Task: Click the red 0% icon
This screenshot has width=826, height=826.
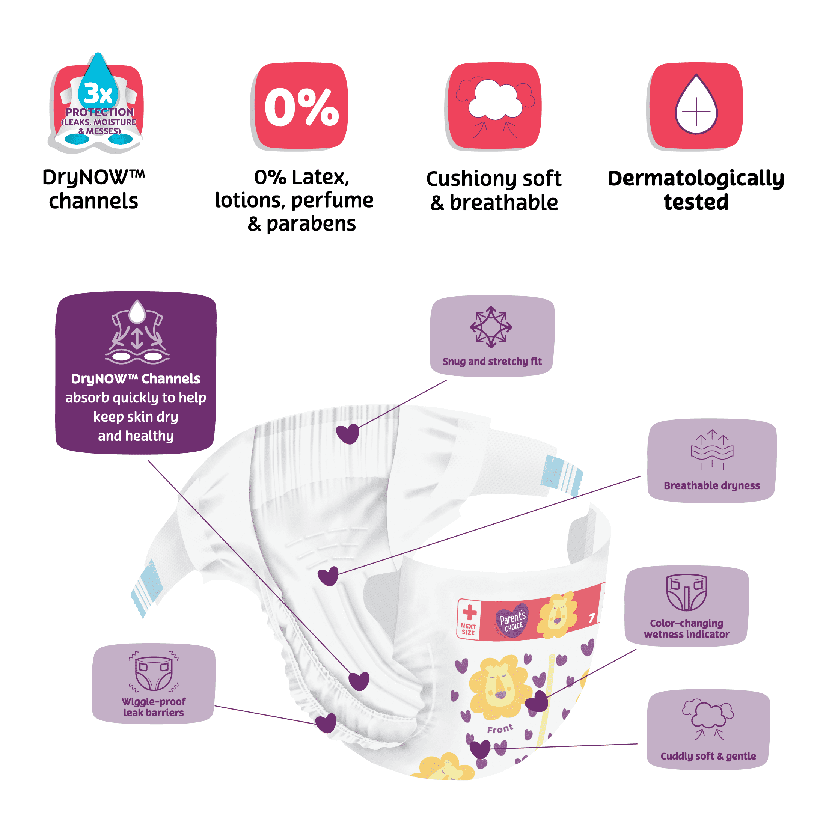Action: pyautogui.click(x=301, y=106)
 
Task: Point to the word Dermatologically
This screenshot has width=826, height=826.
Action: pyautogui.click(x=696, y=178)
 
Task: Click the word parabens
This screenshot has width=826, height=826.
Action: pyautogui.click(x=311, y=224)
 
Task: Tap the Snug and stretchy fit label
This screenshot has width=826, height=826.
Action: pyautogui.click(x=492, y=361)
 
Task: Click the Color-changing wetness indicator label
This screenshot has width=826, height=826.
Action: pyautogui.click(x=686, y=629)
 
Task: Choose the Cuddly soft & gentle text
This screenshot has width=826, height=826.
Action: pyautogui.click(x=708, y=756)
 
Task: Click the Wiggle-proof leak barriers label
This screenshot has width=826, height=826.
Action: pyautogui.click(x=154, y=707)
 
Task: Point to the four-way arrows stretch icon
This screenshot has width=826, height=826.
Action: pyautogui.click(x=491, y=327)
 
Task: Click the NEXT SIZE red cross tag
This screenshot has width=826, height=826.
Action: pyautogui.click(x=469, y=619)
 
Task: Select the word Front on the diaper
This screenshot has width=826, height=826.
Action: pyautogui.click(x=500, y=728)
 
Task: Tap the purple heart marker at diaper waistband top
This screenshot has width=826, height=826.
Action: pyautogui.click(x=347, y=434)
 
